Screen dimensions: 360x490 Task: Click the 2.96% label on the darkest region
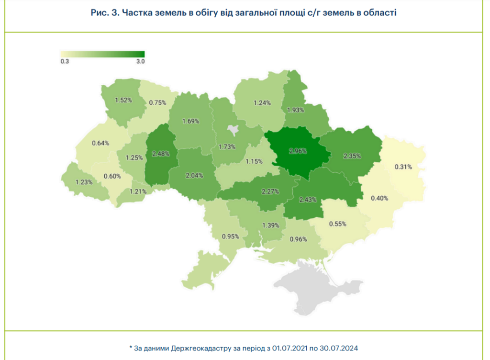tap(298, 150)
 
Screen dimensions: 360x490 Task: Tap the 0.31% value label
tap(403, 167)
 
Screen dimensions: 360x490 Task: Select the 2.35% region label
tap(352, 156)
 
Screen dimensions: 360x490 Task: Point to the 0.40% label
tap(379, 198)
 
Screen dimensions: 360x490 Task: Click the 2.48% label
tap(161, 154)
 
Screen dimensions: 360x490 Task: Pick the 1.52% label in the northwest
tap(123, 101)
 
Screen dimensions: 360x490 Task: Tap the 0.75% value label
tap(157, 102)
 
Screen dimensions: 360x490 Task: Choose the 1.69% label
tap(191, 121)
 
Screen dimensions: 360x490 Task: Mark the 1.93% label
tap(295, 110)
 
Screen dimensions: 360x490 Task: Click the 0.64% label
tap(100, 143)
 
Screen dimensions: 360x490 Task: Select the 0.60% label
tap(112, 176)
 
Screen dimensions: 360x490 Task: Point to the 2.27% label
tap(270, 192)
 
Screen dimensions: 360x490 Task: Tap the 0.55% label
tap(337, 224)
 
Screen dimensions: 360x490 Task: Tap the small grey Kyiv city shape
tap(233, 129)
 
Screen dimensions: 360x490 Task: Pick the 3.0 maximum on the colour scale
tap(140, 61)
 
